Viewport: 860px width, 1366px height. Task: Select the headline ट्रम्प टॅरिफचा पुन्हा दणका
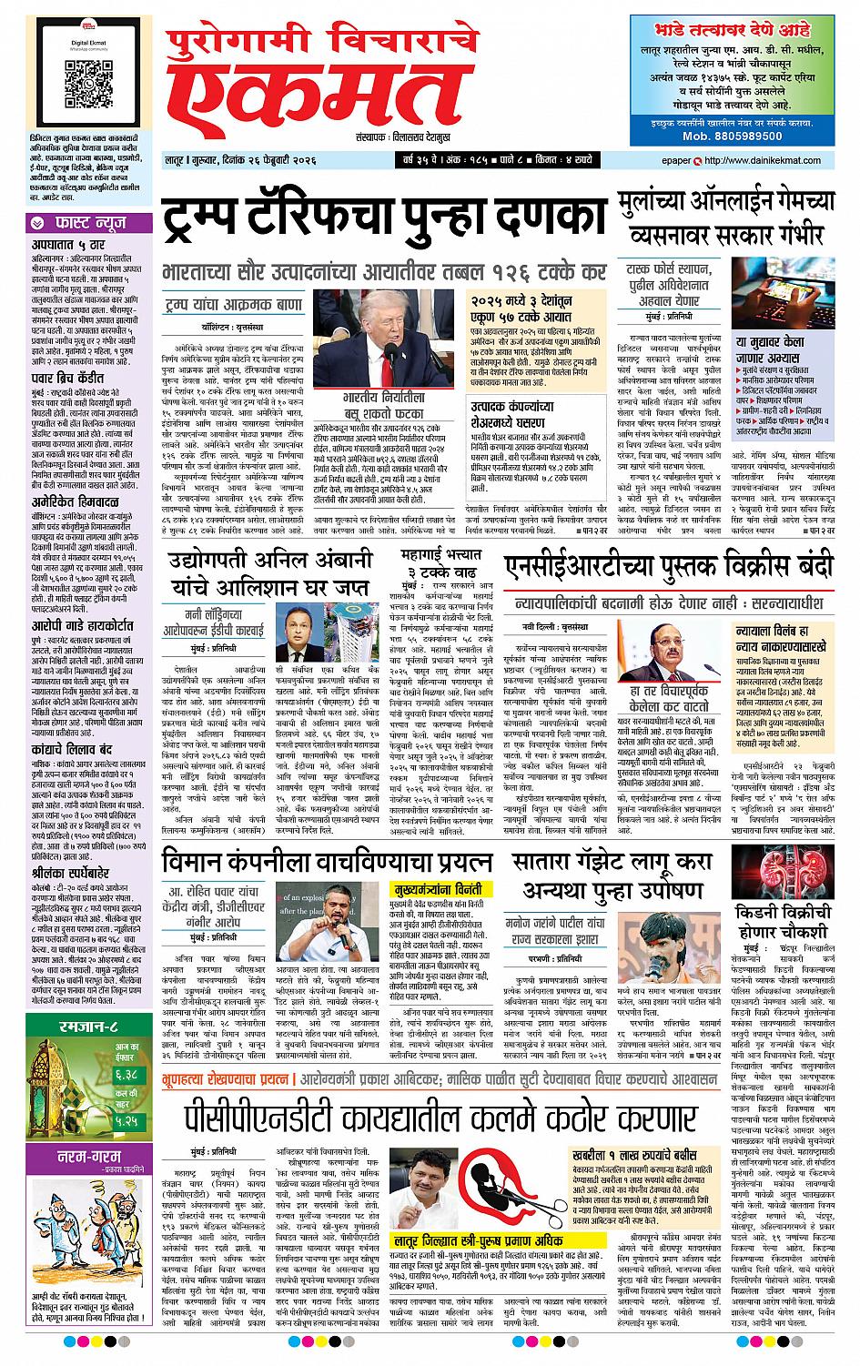(x=383, y=219)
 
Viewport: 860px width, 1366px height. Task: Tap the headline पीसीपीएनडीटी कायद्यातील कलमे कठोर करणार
(x=428, y=1118)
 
